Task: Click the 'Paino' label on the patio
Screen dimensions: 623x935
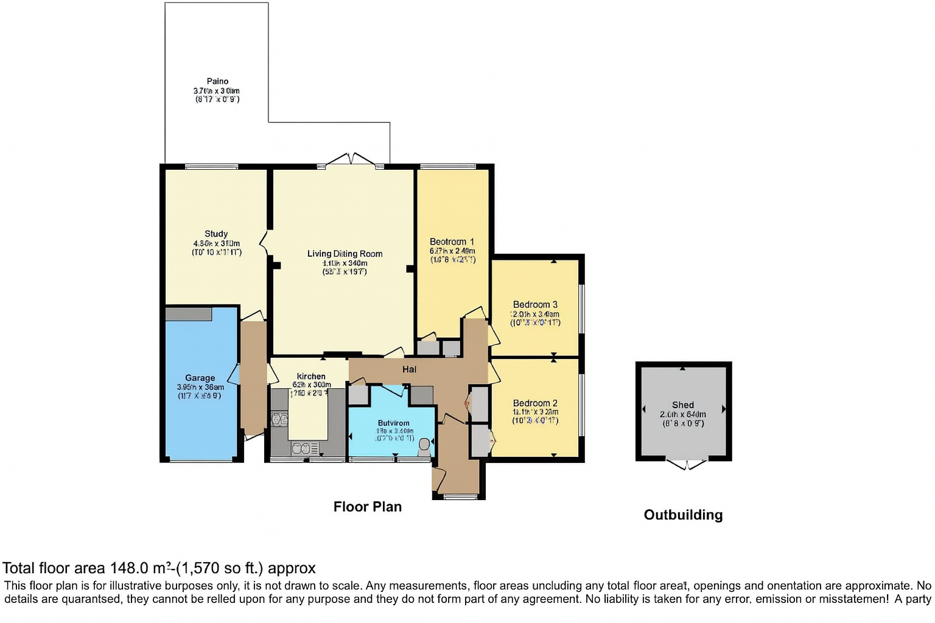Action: tap(217, 82)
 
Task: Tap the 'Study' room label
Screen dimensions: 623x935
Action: tap(216, 234)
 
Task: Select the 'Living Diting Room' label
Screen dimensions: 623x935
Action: tap(345, 254)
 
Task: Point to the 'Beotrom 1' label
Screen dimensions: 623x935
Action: tap(452, 242)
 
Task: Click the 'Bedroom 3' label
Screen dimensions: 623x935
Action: tap(535, 304)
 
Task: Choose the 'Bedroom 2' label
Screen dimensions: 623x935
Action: tap(535, 403)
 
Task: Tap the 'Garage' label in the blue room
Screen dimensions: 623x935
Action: tap(200, 378)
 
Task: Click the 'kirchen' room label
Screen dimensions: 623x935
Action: tap(311, 377)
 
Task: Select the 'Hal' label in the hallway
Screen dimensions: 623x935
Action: tap(409, 369)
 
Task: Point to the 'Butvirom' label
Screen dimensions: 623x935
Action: tap(393, 423)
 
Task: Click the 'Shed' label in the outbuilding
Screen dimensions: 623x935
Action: tap(682, 405)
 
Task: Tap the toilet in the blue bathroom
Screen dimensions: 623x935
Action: tap(424, 447)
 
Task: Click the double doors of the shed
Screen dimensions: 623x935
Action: tap(687, 465)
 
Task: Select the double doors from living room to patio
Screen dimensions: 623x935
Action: tap(351, 160)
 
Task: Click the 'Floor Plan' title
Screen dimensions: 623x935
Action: tap(367, 507)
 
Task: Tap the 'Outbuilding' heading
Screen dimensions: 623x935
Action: tap(683, 515)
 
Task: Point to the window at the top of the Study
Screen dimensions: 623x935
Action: tap(211, 166)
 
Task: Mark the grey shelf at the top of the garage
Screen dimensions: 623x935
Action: tap(189, 314)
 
